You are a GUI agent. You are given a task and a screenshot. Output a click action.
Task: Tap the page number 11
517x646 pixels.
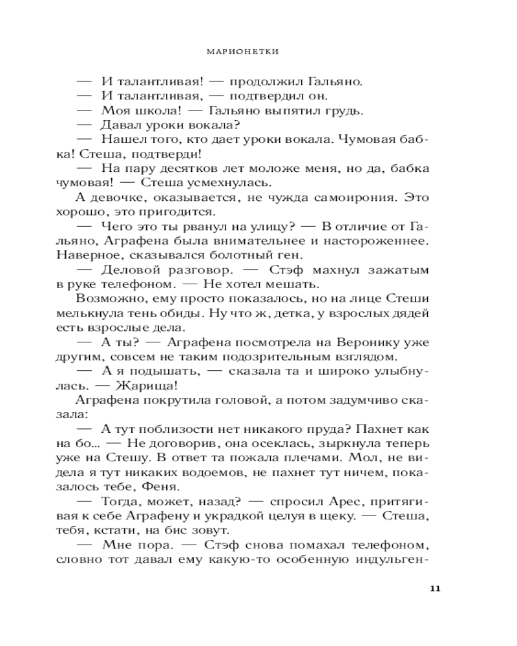coord(434,589)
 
